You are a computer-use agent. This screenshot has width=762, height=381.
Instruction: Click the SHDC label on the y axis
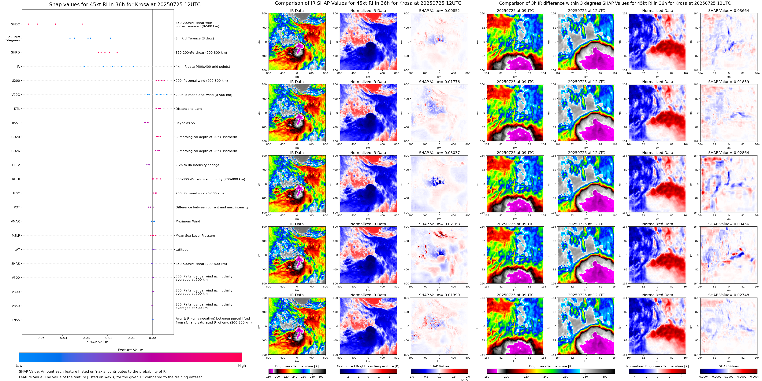click(15, 24)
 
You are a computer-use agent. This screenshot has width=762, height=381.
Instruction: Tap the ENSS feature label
click(16, 320)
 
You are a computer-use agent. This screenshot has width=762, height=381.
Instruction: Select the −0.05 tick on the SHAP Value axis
click(40, 338)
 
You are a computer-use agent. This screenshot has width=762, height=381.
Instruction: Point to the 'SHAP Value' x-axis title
click(97, 342)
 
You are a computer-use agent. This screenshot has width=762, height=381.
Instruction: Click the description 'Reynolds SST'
click(186, 123)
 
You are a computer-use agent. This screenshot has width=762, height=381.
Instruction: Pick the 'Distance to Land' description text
click(189, 109)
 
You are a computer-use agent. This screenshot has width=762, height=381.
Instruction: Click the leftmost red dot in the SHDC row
click(29, 24)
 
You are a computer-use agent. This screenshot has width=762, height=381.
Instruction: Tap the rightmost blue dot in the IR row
click(133, 66)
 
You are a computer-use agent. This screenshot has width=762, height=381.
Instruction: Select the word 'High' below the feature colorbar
click(242, 366)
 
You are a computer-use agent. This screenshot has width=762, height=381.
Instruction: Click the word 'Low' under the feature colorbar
click(19, 366)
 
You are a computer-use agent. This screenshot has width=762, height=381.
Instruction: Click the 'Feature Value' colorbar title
click(130, 350)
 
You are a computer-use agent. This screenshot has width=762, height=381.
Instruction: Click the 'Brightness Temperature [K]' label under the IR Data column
click(297, 366)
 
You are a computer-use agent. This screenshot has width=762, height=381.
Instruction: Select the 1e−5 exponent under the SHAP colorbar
click(464, 380)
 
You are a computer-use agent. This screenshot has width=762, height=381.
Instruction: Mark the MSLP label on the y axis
click(16, 236)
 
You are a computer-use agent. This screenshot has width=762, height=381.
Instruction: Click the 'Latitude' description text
click(182, 250)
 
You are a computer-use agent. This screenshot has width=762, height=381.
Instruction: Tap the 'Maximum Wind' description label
click(188, 221)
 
